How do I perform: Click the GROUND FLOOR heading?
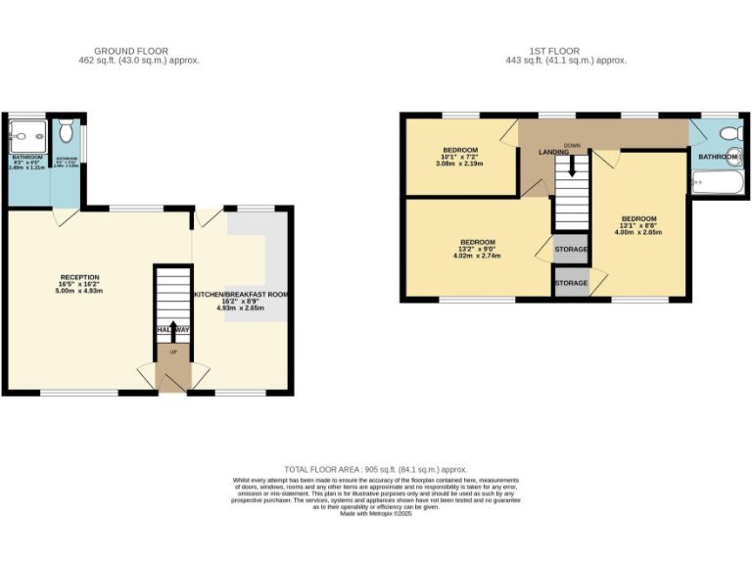[131, 51]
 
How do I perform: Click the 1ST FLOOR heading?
[556, 51]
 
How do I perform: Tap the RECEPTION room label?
[80, 277]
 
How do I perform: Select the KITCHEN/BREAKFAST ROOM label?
[240, 295]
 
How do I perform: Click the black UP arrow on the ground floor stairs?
[174, 329]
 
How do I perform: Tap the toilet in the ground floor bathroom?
[67, 130]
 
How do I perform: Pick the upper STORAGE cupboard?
[571, 249]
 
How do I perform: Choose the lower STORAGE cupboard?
[571, 283]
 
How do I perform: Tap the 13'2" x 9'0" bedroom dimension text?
[478, 250]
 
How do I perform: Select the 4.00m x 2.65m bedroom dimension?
[638, 233]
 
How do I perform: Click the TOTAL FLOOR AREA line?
[376, 470]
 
